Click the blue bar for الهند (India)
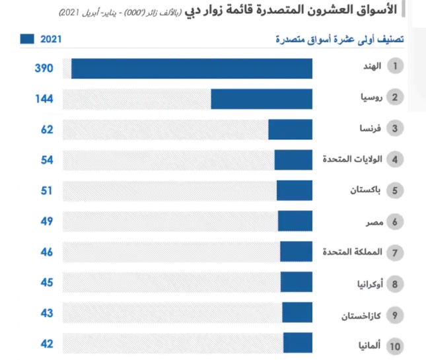point(192,69)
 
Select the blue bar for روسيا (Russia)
point(262,98)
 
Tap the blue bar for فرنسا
point(290,129)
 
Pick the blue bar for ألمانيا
point(298,343)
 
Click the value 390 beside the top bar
point(43,69)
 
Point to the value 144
point(43,98)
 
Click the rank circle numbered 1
point(395,67)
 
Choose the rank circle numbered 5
point(395,191)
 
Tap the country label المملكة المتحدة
point(353,252)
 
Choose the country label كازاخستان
point(361,315)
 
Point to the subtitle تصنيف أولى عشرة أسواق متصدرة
point(339,40)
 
